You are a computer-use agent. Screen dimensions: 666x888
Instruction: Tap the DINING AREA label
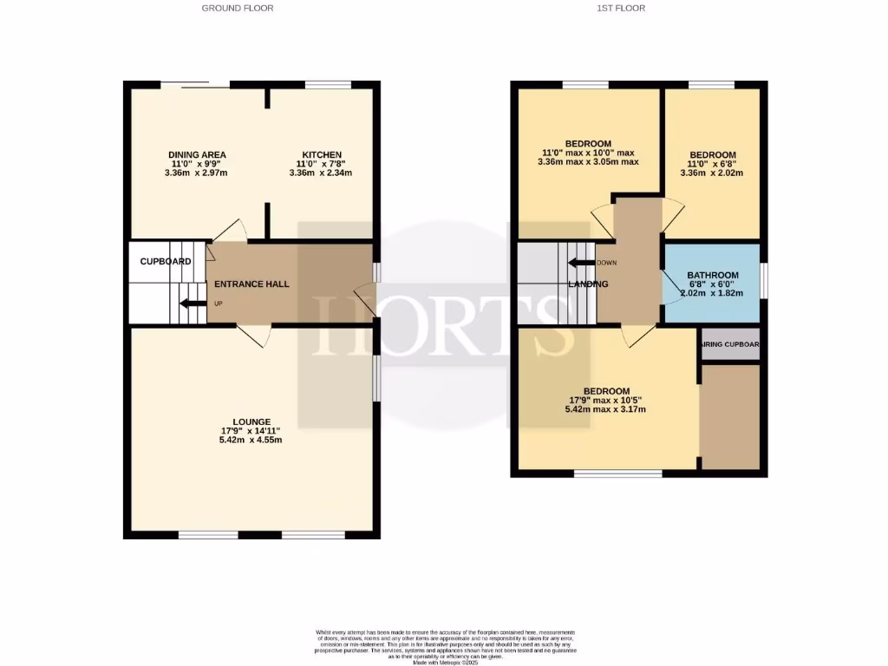coord(197,154)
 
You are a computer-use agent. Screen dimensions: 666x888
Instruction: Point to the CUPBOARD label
coord(165,261)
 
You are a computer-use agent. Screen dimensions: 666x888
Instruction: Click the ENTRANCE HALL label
coord(251,284)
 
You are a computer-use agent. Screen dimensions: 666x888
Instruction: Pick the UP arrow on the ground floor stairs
coord(189,303)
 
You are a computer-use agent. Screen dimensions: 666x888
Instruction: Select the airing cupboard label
coord(730,344)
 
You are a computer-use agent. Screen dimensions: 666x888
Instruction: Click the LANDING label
coord(588,284)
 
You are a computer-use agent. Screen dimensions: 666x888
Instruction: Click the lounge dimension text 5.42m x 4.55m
coord(251,441)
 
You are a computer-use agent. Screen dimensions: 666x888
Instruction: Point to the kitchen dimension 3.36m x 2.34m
coord(321,173)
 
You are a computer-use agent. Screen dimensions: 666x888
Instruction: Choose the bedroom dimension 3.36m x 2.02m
coord(712,173)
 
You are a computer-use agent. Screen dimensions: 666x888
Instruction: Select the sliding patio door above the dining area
coord(195,83)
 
